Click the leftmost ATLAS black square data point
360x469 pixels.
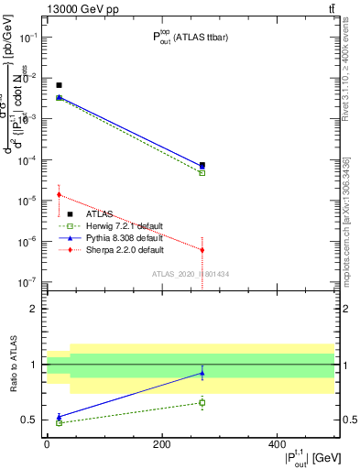[59, 85]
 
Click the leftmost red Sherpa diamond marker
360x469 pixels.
[59, 194]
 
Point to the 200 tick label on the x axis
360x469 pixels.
[161, 443]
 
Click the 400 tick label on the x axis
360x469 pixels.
[277, 443]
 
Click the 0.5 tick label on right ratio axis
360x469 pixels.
[348, 420]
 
